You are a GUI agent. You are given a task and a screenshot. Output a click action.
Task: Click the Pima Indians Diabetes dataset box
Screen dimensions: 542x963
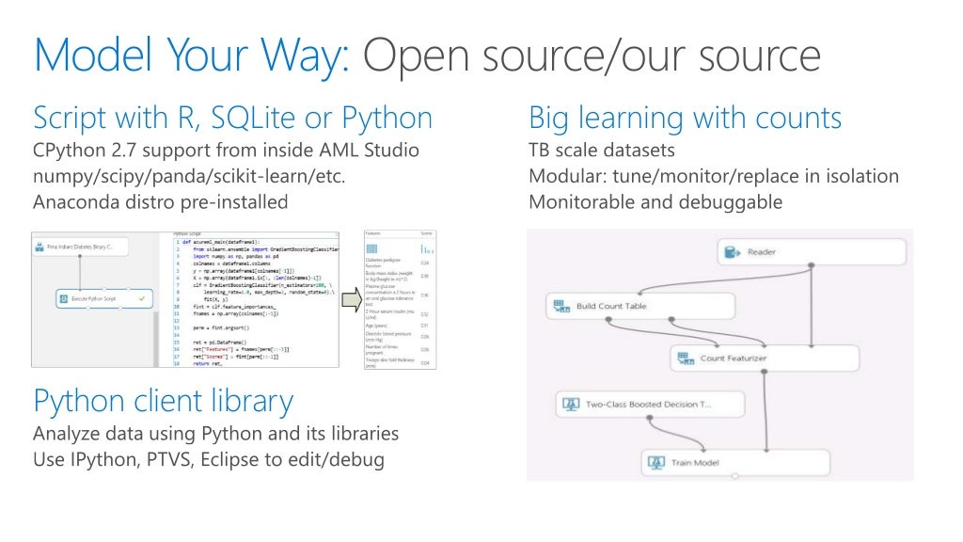(x=80, y=247)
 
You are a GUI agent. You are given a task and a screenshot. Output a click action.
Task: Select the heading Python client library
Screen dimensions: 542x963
(x=164, y=401)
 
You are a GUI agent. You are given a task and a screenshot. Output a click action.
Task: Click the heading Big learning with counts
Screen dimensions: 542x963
(x=685, y=119)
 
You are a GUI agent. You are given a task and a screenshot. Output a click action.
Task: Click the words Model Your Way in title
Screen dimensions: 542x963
(x=192, y=56)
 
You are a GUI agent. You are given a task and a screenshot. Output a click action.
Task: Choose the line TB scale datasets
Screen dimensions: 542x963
(x=602, y=151)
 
